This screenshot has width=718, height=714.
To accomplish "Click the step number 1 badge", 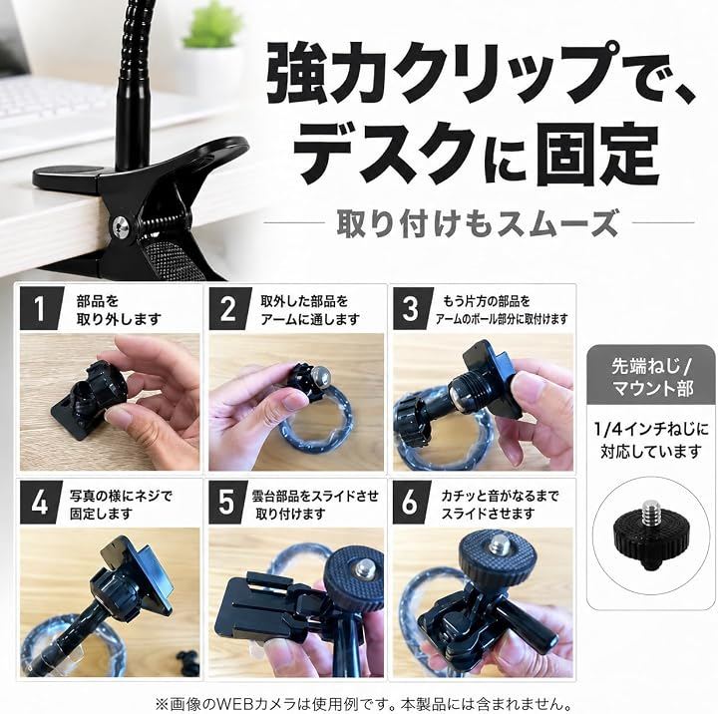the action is [40, 308].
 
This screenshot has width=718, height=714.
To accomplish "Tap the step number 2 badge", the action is [229, 308].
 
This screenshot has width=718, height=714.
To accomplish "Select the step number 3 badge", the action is [412, 308].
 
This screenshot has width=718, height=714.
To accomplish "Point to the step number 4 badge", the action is [40, 503].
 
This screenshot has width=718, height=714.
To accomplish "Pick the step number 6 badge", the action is [411, 503].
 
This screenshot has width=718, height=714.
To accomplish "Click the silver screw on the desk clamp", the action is [122, 225].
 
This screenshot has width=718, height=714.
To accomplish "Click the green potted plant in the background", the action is [211, 29].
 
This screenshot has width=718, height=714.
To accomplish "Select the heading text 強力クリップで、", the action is [482, 74].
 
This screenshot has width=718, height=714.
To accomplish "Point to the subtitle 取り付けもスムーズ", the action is [478, 223].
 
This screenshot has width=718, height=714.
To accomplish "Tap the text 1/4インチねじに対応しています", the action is [651, 441].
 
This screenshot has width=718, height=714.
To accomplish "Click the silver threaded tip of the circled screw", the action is [650, 512].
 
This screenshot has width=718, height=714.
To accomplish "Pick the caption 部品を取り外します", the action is [119, 309].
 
